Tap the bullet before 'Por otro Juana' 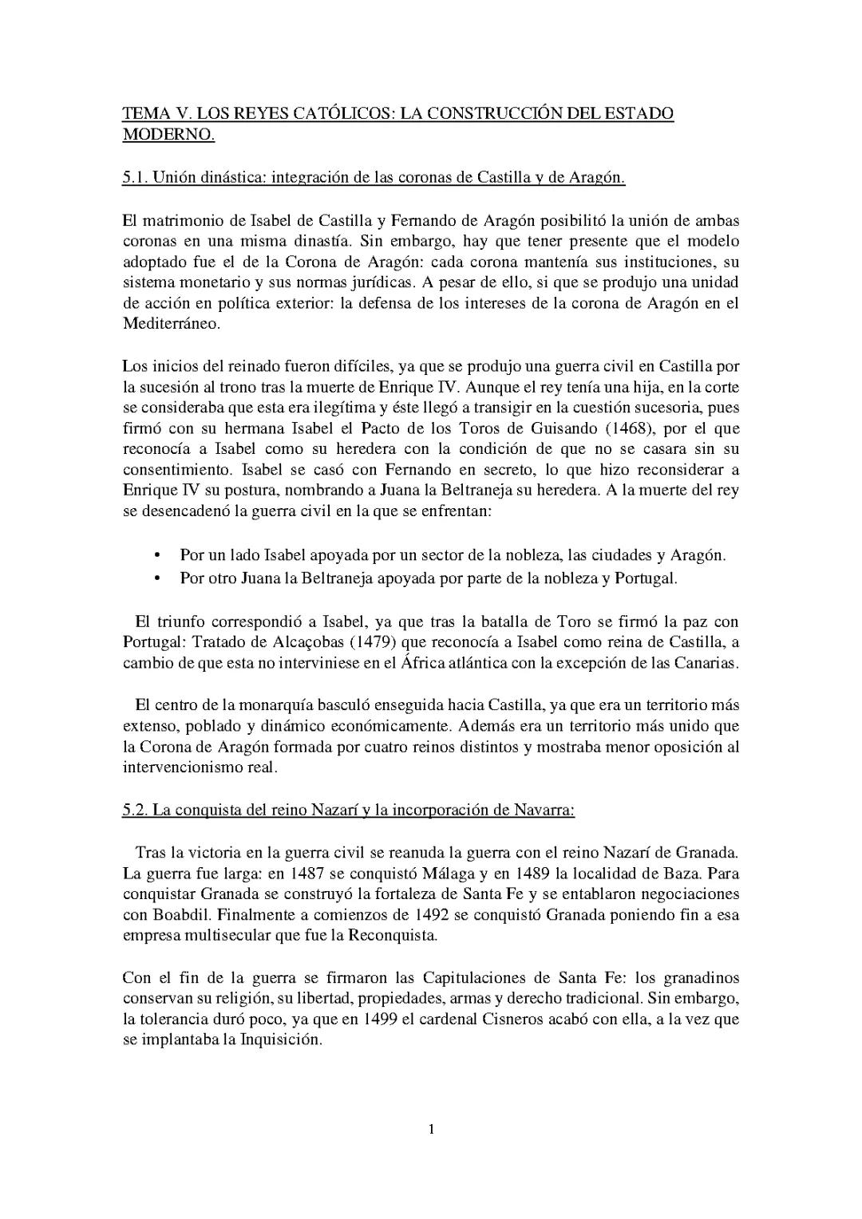pos(156,578)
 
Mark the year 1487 pos(309,873)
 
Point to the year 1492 pos(436,914)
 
